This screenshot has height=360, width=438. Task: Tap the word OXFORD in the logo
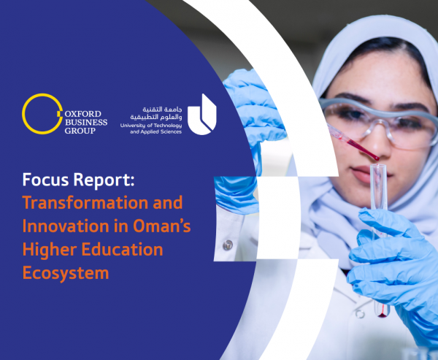pos(83,114)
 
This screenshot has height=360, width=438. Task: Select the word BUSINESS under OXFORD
pos(86,123)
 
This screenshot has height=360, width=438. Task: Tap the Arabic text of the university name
pos(156,113)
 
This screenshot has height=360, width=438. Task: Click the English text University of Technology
pos(151,126)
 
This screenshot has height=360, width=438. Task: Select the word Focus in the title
pos(45,180)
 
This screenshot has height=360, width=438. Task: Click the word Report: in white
pos(104,180)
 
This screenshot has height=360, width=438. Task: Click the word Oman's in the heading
pos(162,226)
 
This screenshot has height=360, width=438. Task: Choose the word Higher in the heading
pos(50,250)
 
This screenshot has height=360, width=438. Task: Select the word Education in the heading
pos(122,249)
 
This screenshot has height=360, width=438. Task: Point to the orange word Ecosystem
pos(66,273)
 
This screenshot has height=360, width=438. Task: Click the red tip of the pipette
pos(377,158)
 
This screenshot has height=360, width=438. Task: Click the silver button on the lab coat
pos(228,245)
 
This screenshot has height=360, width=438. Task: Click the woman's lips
pos(363,173)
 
